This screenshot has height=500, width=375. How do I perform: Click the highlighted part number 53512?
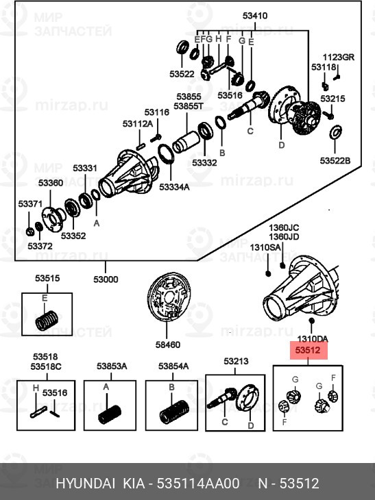click(x=309, y=350)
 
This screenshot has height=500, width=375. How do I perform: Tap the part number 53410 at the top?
click(x=255, y=16)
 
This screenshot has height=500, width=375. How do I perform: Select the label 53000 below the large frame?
click(x=106, y=279)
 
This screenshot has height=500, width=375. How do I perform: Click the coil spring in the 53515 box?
click(x=47, y=320)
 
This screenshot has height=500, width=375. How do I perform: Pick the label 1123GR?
click(x=338, y=58)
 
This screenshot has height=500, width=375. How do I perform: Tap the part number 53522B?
click(x=335, y=160)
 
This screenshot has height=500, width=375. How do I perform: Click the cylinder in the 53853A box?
click(x=110, y=414)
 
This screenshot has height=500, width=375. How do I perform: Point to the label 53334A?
click(x=174, y=187)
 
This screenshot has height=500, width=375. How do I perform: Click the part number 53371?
click(x=30, y=203)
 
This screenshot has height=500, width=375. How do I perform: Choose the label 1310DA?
click(x=313, y=339)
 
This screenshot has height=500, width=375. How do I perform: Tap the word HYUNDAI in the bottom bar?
click(x=85, y=484)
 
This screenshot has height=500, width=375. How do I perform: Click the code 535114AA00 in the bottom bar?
click(x=198, y=484)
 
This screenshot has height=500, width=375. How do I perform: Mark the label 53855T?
click(x=189, y=106)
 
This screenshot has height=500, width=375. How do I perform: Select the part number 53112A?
click(x=138, y=124)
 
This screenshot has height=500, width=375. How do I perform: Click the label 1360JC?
click(x=284, y=227)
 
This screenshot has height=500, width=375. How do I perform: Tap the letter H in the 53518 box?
click(x=36, y=388)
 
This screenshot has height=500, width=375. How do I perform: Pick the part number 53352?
click(x=73, y=236)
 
